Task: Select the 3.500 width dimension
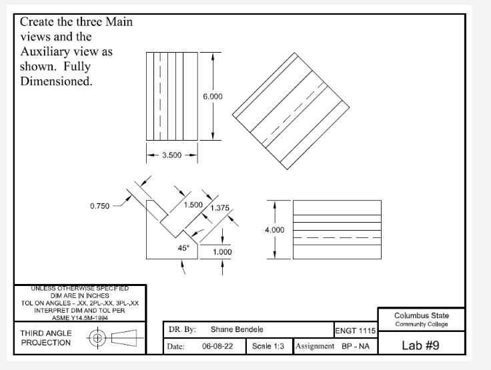click(x=171, y=157)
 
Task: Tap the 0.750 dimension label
click(x=100, y=206)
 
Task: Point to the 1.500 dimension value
click(x=193, y=204)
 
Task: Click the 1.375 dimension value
click(x=219, y=209)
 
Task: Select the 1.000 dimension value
click(x=222, y=252)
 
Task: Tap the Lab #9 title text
click(x=421, y=345)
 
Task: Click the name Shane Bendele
click(x=237, y=329)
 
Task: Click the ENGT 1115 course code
click(x=356, y=331)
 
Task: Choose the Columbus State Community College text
click(x=421, y=320)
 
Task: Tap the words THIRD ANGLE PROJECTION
click(x=45, y=337)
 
